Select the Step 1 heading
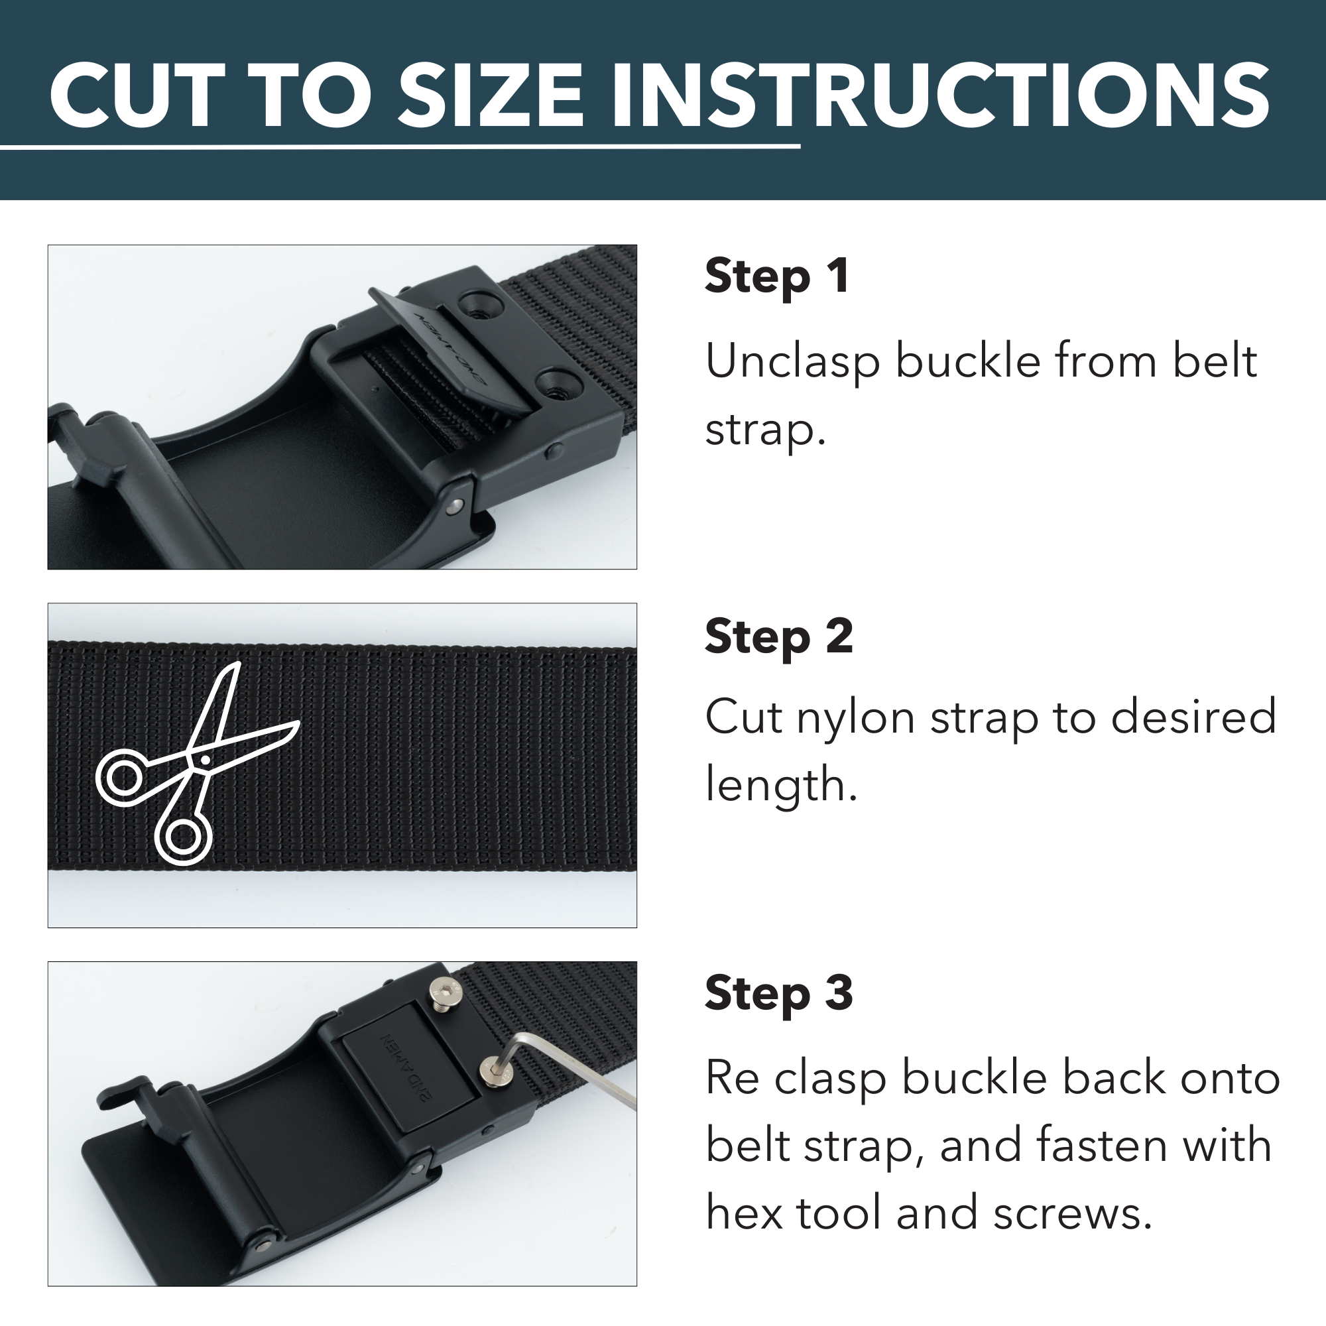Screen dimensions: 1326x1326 [x=777, y=276]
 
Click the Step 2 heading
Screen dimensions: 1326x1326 [x=778, y=636]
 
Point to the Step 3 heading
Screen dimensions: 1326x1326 [x=778, y=993]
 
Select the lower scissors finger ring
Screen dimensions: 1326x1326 [x=182, y=837]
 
